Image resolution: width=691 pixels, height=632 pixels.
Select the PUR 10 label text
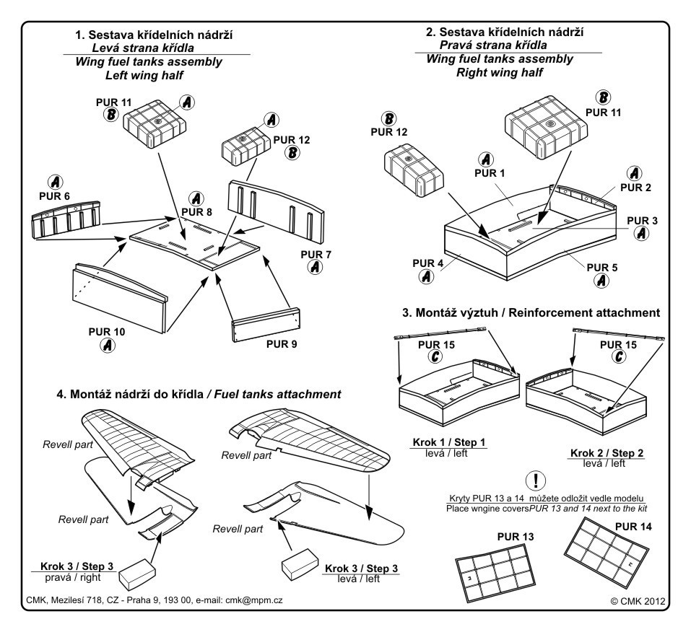[x=106, y=332]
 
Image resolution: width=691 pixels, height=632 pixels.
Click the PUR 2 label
[x=634, y=188]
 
